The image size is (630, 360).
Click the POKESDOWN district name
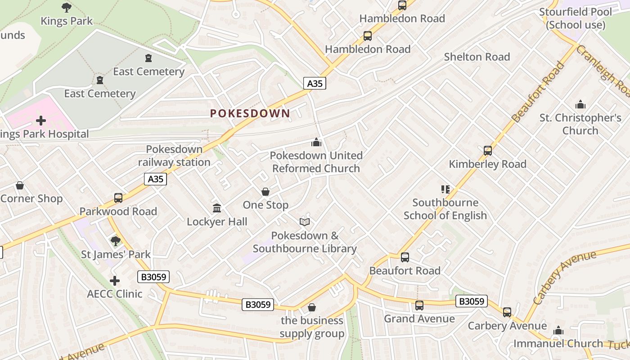click(x=250, y=113)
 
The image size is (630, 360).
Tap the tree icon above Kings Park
click(x=67, y=7)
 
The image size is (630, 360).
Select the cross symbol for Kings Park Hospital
click(x=41, y=121)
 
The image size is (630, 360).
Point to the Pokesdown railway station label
click(x=174, y=156)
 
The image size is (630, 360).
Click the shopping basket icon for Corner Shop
click(x=20, y=185)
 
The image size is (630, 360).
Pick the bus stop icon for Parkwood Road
click(x=118, y=198)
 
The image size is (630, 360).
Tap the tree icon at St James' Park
click(x=116, y=241)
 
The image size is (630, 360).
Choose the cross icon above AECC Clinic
click(x=115, y=281)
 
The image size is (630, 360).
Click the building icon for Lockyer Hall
click(x=217, y=208)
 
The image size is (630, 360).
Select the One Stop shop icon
click(x=265, y=192)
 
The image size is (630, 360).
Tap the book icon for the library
click(x=305, y=222)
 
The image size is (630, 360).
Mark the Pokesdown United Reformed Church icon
click(x=316, y=143)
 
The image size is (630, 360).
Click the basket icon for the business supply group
click(x=312, y=308)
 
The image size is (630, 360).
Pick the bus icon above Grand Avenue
click(x=419, y=306)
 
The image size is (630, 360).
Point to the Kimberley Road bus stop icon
click(x=488, y=151)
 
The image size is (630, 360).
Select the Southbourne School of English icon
click(x=445, y=189)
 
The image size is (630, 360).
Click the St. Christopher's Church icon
click(x=580, y=105)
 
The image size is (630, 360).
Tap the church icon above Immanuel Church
click(x=558, y=331)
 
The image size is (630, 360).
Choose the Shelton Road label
click(x=477, y=57)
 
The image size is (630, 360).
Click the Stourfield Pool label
click(x=576, y=18)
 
